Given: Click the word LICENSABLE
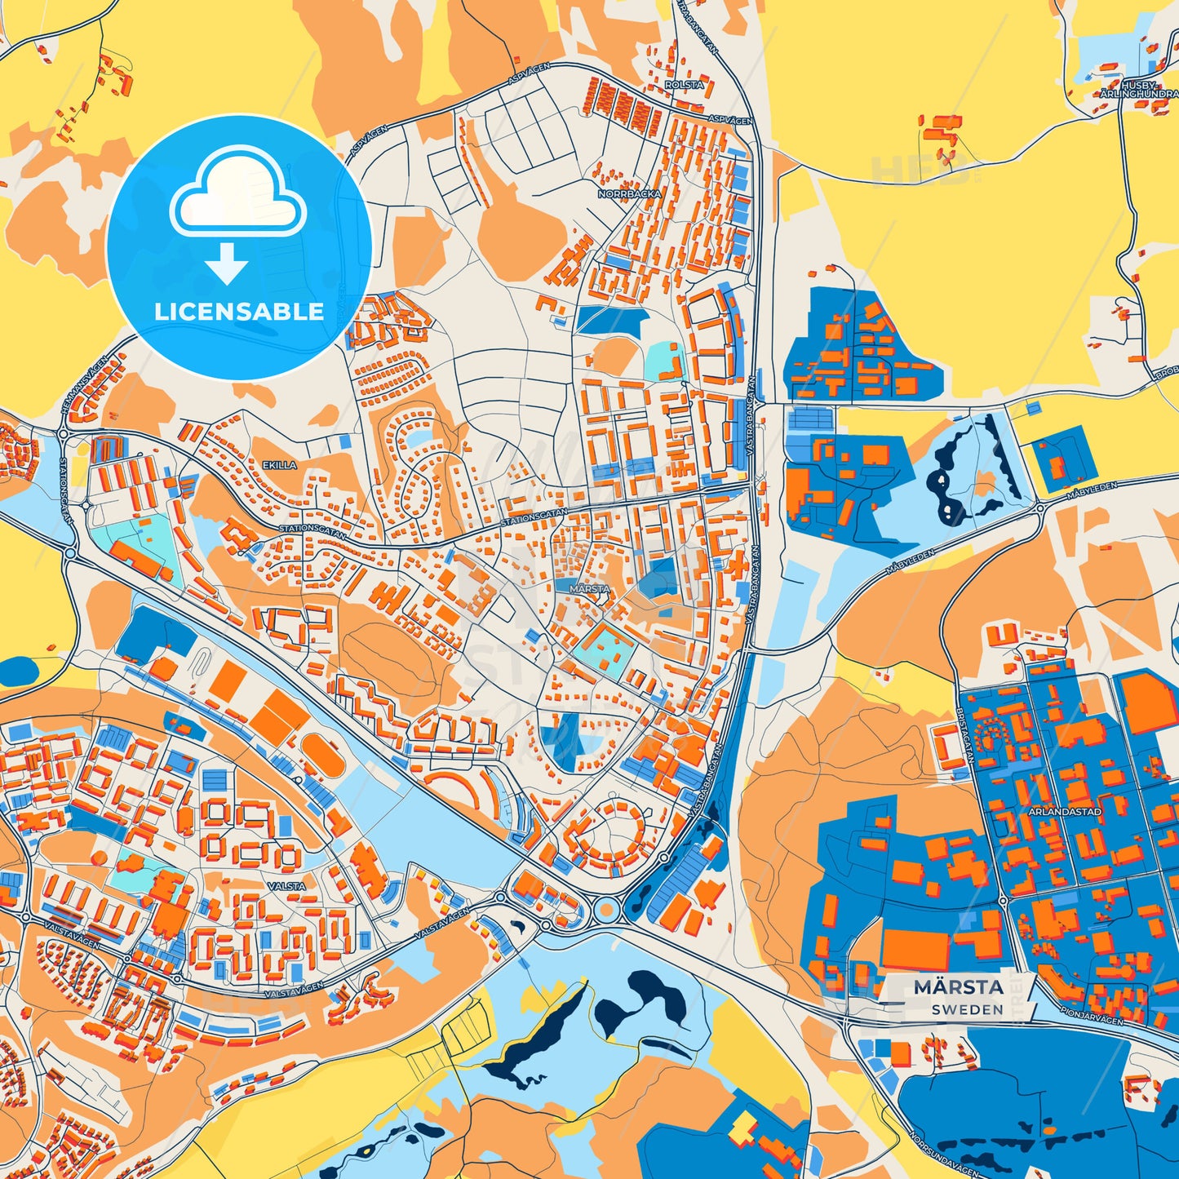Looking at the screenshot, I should point(239,312).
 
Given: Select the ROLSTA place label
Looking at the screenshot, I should point(684,85).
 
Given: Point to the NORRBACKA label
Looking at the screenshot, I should point(629,194).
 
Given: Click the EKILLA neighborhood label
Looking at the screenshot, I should point(279,465).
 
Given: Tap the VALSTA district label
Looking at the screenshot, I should point(286,885).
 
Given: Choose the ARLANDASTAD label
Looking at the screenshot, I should point(1065,812).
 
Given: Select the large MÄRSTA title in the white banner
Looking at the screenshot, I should point(958,987).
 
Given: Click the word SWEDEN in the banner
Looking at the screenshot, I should point(968,1009).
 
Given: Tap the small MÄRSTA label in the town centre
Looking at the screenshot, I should point(589,588).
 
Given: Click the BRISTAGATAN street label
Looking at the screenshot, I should point(964,735).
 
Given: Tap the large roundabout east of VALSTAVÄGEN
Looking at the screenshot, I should point(605,909).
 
